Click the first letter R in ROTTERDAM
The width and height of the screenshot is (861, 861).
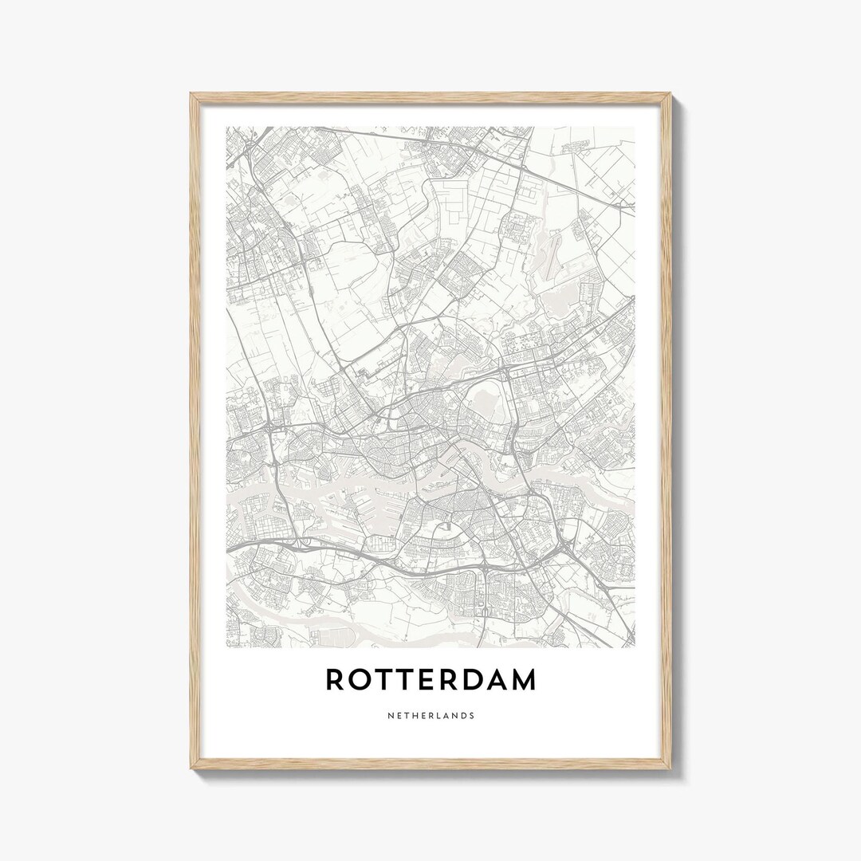coord(336,680)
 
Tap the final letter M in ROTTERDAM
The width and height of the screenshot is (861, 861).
coord(526,680)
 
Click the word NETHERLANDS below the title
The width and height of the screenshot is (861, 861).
coord(431,716)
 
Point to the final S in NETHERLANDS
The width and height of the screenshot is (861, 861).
coord(472,716)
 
